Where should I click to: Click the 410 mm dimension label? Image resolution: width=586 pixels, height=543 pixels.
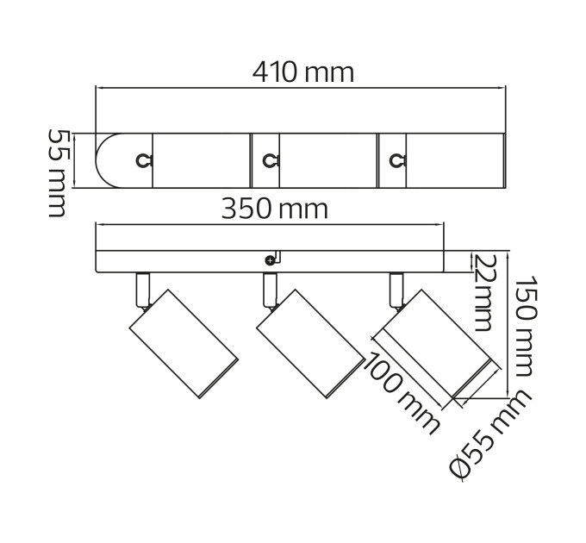tap(302, 72)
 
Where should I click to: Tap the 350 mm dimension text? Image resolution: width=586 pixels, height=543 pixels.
tap(275, 209)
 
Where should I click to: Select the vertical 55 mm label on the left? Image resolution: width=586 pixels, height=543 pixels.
tap(57, 173)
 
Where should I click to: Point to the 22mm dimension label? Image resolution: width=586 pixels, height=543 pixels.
tap(484, 293)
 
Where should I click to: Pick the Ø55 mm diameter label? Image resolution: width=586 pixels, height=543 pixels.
tap(490, 435)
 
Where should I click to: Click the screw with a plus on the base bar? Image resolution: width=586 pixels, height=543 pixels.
tap(270, 261)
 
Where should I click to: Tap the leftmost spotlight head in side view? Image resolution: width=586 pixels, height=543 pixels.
tap(184, 344)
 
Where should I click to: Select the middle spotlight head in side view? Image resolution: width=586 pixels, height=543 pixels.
tap(311, 344)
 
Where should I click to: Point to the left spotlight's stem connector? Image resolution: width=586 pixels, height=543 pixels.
tap(143, 290)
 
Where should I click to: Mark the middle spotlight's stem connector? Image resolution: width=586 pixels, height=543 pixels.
tap(270, 290)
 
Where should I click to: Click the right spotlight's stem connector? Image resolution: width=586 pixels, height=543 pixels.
tap(396, 290)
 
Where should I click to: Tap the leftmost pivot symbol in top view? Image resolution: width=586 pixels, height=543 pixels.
tap(143, 160)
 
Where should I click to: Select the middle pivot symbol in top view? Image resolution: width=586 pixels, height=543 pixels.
tap(271, 160)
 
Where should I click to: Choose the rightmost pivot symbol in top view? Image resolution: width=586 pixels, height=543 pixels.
tap(397, 160)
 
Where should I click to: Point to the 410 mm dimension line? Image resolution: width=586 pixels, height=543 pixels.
tap(301, 88)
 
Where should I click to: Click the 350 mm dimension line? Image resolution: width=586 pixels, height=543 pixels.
tap(270, 225)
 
